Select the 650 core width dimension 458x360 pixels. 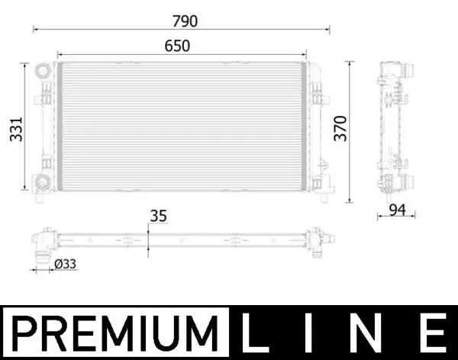pos(177,46)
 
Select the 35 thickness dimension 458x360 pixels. pos(159,216)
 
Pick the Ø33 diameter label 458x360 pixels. pos(66,264)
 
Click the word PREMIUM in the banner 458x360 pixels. pos(115,332)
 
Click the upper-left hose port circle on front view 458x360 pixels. pos(41,71)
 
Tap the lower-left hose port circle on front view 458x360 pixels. pos(40,182)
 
